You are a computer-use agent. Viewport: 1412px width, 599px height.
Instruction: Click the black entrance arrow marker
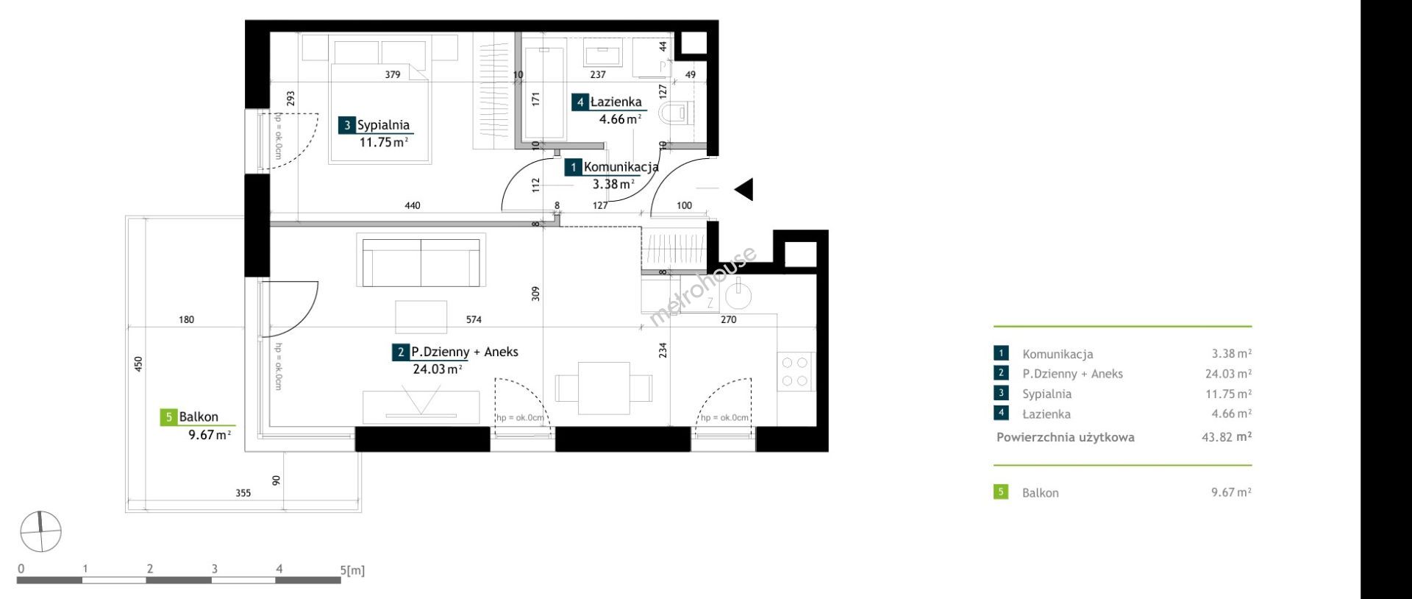pyautogui.click(x=744, y=190)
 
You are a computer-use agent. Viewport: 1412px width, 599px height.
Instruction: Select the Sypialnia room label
pyautogui.click(x=383, y=125)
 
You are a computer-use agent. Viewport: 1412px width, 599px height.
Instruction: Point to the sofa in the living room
pyautogui.click(x=421, y=260)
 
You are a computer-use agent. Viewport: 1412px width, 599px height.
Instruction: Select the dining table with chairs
pyautogui.click(x=603, y=388)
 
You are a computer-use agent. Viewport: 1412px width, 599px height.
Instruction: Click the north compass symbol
pyautogui.click(x=41, y=531)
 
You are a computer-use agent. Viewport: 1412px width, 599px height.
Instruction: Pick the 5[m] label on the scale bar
pyautogui.click(x=352, y=570)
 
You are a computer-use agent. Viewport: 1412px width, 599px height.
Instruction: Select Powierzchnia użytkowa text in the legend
pyautogui.click(x=1066, y=437)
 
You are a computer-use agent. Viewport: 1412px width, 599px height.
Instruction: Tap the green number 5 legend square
pyautogui.click(x=1001, y=492)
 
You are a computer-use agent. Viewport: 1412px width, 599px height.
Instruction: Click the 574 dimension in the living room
pyautogui.click(x=474, y=320)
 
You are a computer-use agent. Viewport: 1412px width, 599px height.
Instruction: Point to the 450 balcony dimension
pyautogui.click(x=138, y=364)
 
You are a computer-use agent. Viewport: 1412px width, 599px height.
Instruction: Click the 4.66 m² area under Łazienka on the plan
pyautogui.click(x=621, y=118)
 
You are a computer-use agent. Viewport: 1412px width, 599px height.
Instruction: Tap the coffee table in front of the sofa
pyautogui.click(x=421, y=316)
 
